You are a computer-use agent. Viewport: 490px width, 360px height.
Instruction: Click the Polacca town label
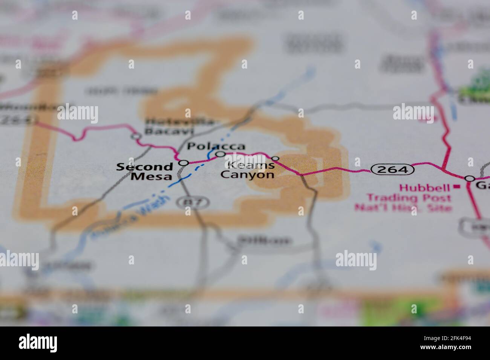tap(216, 146)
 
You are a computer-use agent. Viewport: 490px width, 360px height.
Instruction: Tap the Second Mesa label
tap(144, 171)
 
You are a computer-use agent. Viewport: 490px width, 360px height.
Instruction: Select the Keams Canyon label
tap(248, 169)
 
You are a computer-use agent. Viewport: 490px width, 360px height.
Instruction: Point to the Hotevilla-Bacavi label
tap(170, 127)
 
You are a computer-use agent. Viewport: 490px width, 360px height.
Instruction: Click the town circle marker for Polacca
tap(220, 154)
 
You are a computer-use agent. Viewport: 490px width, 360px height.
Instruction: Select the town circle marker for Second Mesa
tap(184, 163)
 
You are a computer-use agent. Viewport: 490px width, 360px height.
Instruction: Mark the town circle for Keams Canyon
tap(276, 159)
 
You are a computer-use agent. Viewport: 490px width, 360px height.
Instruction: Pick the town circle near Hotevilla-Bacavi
tap(136, 136)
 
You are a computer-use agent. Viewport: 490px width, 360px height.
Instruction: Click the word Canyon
tap(248, 174)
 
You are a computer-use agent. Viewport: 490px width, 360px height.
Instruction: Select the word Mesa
tap(152, 176)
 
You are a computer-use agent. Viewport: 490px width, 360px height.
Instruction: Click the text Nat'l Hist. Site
tap(403, 207)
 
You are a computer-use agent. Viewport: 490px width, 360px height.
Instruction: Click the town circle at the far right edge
tap(470, 178)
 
